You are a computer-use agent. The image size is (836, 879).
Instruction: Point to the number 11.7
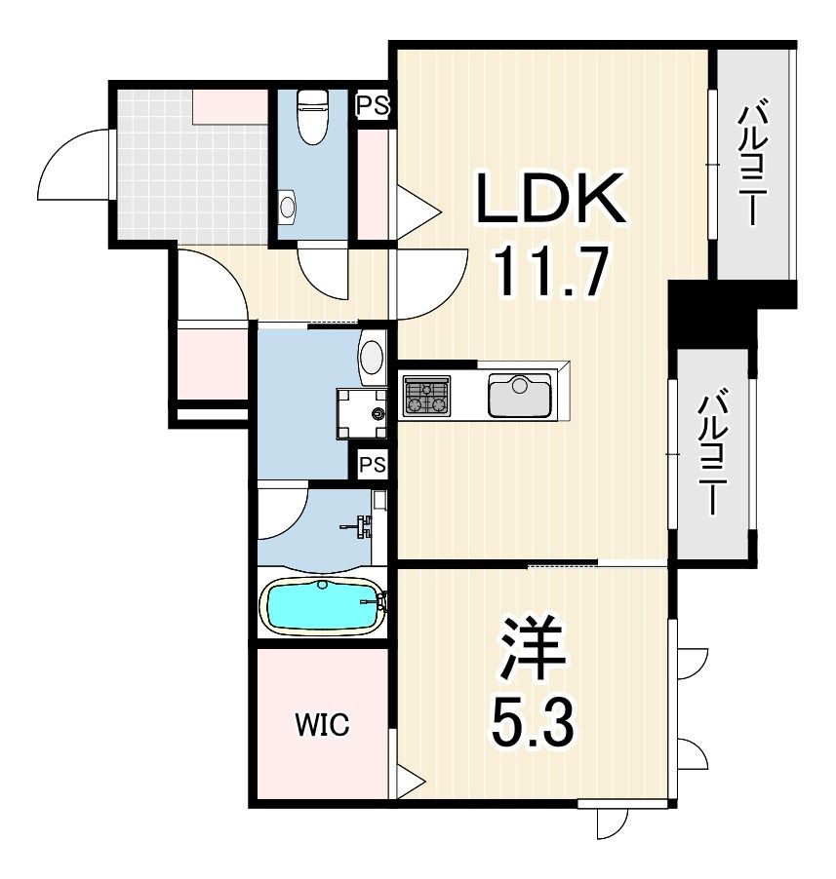pos(551,273)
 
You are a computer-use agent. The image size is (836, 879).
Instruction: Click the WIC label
pos(322,724)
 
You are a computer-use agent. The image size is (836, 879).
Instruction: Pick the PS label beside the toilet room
pos(373,105)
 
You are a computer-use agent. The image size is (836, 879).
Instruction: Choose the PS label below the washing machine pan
pos(373,464)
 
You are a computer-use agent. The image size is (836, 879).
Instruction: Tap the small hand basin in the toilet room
pos(288,207)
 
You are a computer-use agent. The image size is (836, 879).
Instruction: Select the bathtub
pos(323,606)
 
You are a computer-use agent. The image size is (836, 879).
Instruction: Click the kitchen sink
pos(519,396)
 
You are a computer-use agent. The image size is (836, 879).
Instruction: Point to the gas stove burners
pos(426,396)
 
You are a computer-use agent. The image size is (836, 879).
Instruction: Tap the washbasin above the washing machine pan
pos(372,357)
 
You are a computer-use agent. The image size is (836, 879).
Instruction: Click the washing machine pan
pos(362,413)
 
